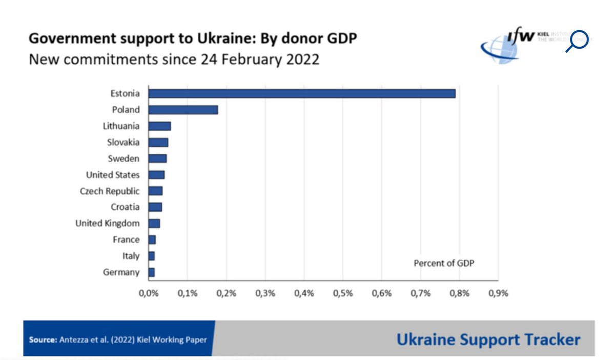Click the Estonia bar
click(301, 93)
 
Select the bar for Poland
click(183, 110)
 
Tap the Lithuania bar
click(159, 126)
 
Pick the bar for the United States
click(156, 175)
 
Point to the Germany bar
click(151, 272)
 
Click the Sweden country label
click(124, 158)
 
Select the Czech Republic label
click(110, 191)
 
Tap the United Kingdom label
click(107, 224)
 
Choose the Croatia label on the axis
click(125, 207)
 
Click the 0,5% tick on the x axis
click(343, 293)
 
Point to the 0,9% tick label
click(498, 293)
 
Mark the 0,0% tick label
click(149, 293)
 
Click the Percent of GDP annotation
click(444, 263)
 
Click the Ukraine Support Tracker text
click(488, 339)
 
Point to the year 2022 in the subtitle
click(302, 59)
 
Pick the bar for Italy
click(151, 256)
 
